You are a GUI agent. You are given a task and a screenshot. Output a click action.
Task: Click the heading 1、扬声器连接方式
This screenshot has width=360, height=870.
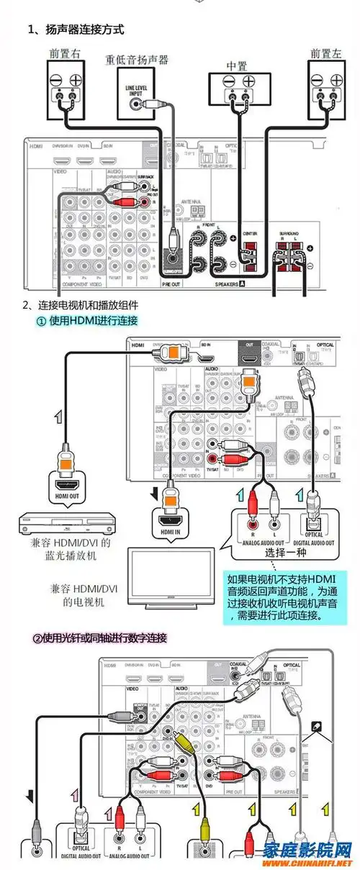[76, 30]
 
